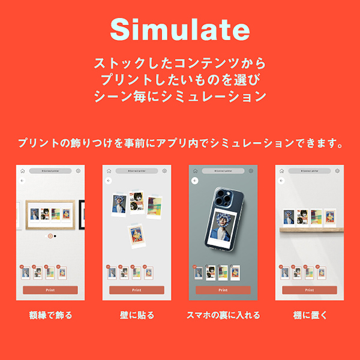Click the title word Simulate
(179, 28)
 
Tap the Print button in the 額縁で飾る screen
(50, 290)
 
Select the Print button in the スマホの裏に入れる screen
(223, 290)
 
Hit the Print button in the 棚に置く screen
(309, 290)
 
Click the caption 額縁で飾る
(50, 315)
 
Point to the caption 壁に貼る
(137, 315)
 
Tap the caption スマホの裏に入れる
(223, 315)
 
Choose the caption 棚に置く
(309, 315)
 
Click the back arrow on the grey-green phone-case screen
(195, 180)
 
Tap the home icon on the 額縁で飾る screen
(22, 171)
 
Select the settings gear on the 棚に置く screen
(337, 171)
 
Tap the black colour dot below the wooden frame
(55, 236)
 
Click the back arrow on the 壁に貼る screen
(109, 180)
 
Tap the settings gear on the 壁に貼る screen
(164, 171)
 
